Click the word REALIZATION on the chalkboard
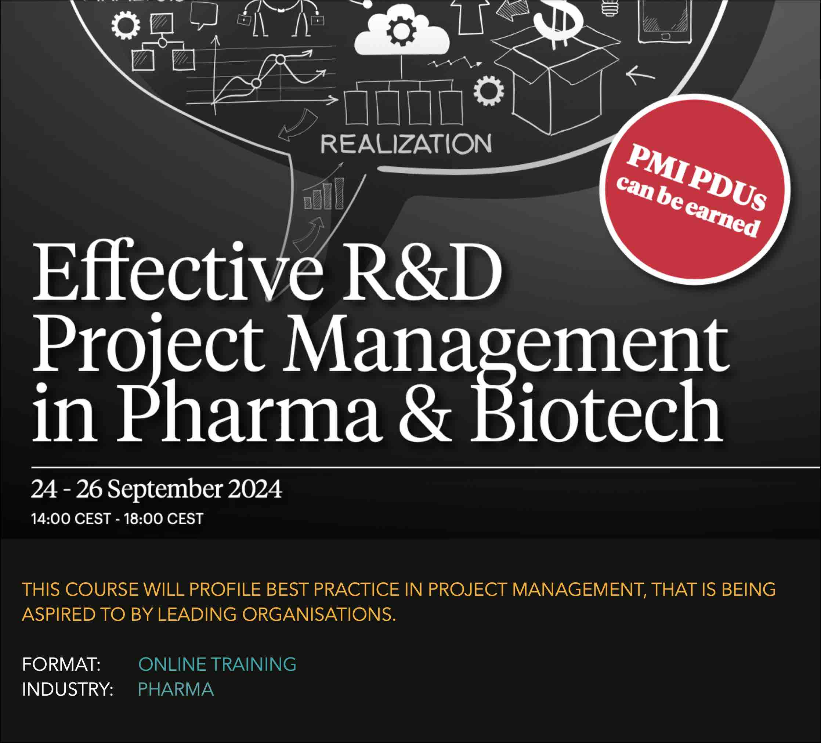(x=406, y=144)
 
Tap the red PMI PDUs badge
(x=695, y=189)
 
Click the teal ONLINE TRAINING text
(x=217, y=665)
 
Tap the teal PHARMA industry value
(x=176, y=690)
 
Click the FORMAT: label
(x=61, y=665)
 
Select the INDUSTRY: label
(x=68, y=690)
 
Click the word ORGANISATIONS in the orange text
(x=318, y=615)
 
